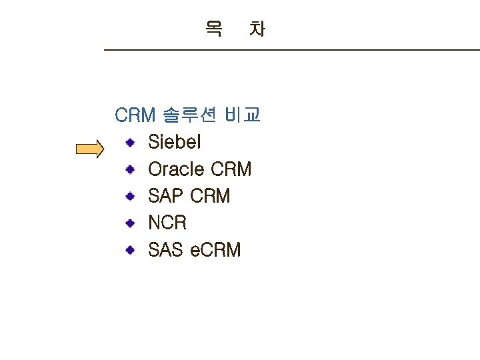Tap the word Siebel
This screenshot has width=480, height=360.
(174, 142)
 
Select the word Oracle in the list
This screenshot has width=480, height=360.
(176, 169)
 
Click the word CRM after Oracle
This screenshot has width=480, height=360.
(231, 169)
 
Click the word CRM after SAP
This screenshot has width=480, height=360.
(210, 196)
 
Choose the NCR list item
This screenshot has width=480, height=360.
(167, 223)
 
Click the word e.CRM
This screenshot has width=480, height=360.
(216, 250)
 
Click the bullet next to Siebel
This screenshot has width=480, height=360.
(132, 142)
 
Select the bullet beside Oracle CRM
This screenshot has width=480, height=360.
(132, 169)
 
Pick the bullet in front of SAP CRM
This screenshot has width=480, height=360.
(132, 196)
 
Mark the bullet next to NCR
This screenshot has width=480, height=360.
(132, 223)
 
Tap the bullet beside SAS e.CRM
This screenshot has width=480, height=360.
(132, 250)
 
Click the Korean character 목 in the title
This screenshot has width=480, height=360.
(214, 29)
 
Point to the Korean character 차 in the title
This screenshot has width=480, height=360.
(257, 29)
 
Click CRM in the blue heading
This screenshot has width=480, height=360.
(135, 115)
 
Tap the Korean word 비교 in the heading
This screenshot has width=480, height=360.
(243, 115)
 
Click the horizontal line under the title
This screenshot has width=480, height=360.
(291, 50)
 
